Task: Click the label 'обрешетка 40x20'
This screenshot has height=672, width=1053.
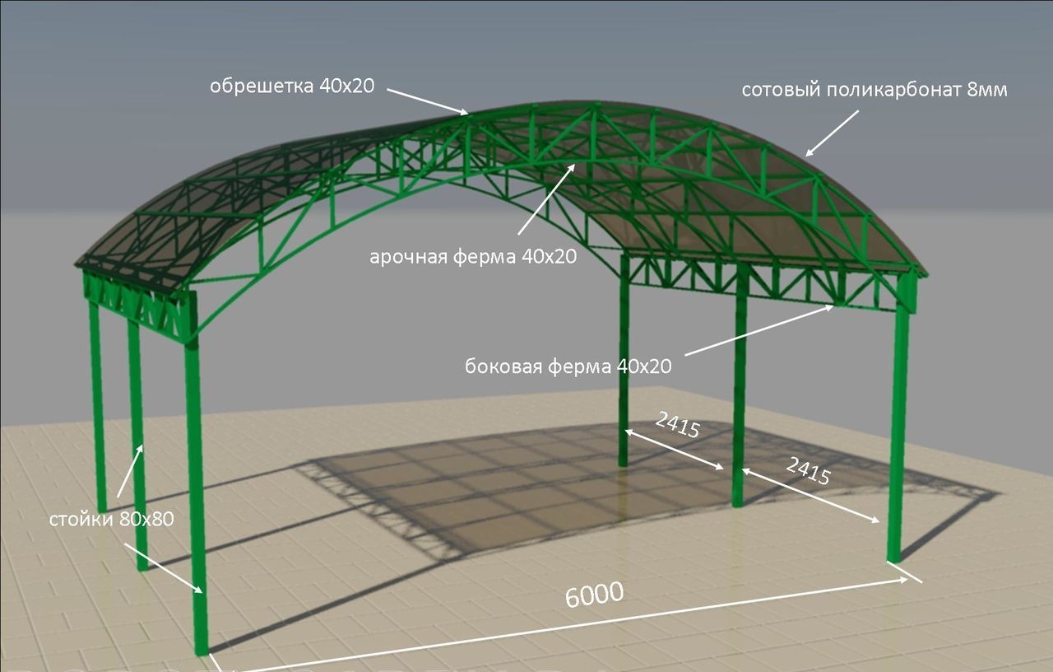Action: [292, 86]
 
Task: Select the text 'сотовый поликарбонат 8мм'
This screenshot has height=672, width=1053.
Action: [874, 90]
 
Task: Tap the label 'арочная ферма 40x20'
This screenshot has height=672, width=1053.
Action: [473, 256]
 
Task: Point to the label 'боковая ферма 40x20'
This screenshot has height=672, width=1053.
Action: [568, 366]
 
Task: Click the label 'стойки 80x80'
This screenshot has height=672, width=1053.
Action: [111, 519]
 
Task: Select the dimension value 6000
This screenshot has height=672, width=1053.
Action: [594, 595]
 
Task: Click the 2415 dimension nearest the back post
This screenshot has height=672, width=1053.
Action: [677, 424]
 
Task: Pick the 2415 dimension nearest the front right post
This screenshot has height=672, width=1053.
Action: [808, 470]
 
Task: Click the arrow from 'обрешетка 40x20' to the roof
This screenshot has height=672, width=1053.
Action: [428, 101]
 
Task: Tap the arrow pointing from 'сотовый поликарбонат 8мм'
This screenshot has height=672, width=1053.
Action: [832, 133]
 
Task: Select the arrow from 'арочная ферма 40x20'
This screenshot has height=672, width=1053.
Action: [547, 198]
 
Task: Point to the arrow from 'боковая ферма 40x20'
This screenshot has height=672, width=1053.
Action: [759, 330]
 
